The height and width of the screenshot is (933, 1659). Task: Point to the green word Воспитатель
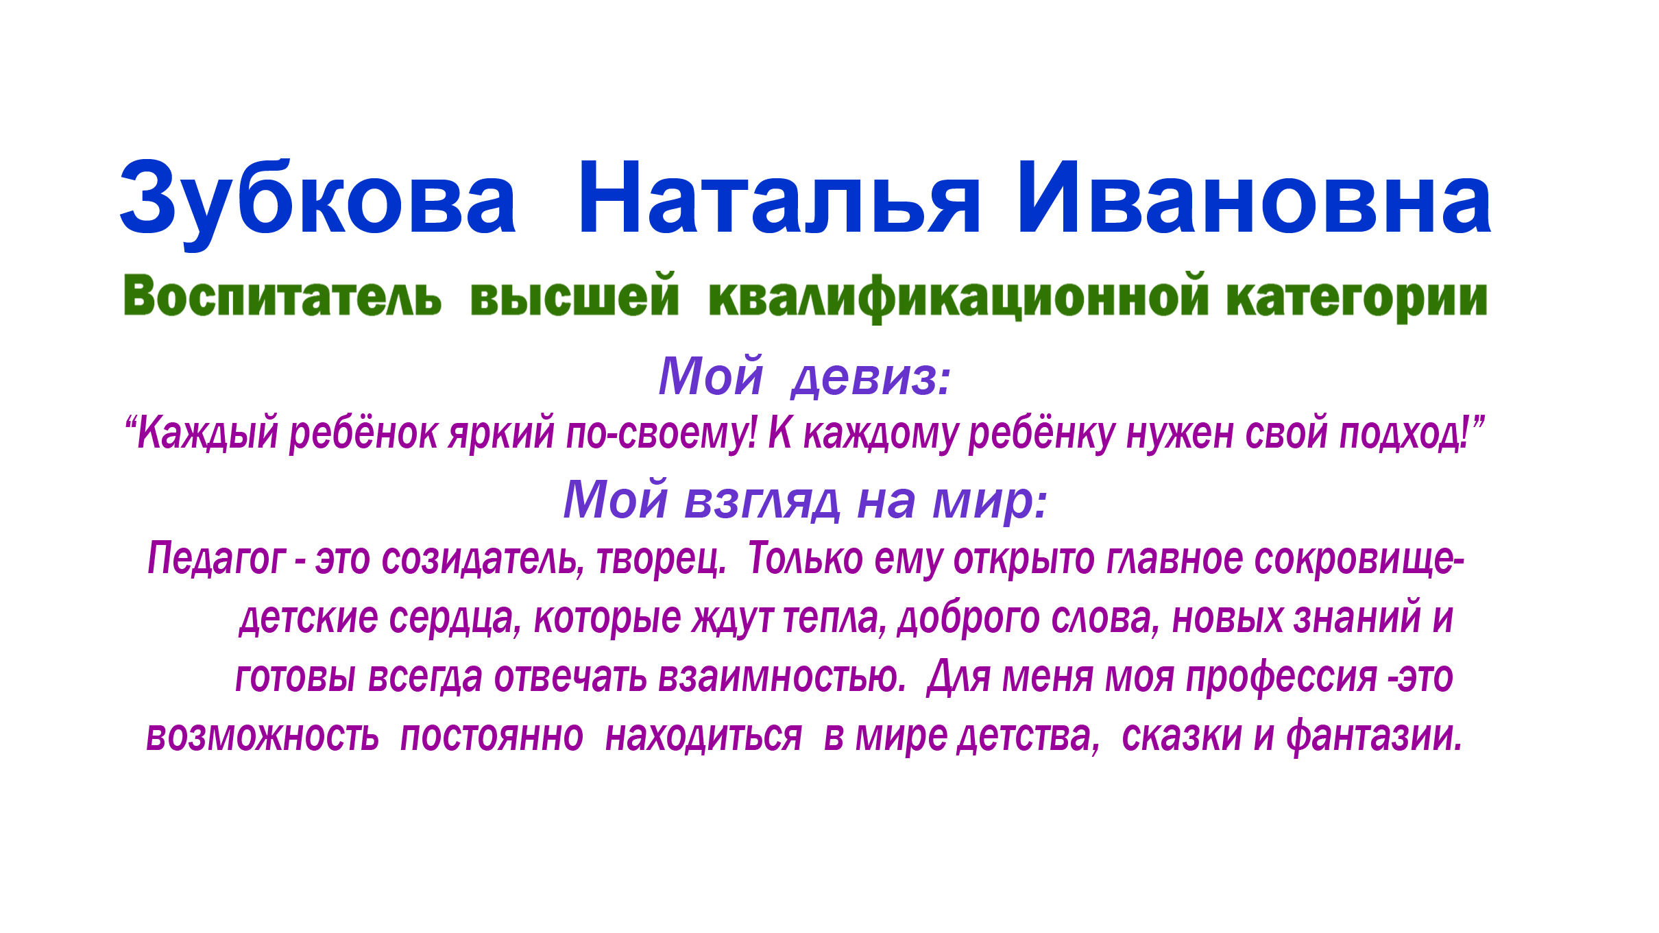(282, 296)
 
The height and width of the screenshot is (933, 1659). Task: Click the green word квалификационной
(958, 298)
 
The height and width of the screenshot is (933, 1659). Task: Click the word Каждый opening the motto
(208, 433)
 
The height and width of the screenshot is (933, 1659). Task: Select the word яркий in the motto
(501, 433)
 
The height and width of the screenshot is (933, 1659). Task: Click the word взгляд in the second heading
(761, 500)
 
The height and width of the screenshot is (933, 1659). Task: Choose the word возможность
(263, 736)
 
